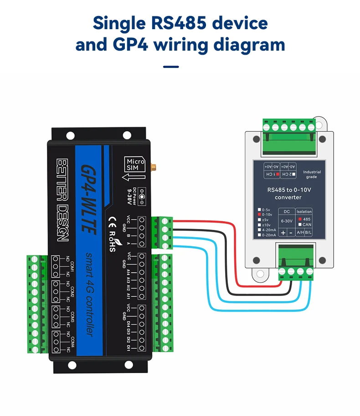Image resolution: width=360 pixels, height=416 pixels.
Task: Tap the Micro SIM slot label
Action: pyautogui.click(x=135, y=165)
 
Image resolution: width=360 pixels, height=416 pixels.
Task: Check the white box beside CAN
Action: pyautogui.click(x=300, y=224)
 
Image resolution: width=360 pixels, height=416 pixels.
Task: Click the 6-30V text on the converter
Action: pyautogui.click(x=287, y=221)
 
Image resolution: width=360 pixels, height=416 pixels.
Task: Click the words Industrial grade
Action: pyautogui.click(x=312, y=174)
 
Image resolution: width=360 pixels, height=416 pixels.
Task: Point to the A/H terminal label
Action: pyautogui.click(x=300, y=233)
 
